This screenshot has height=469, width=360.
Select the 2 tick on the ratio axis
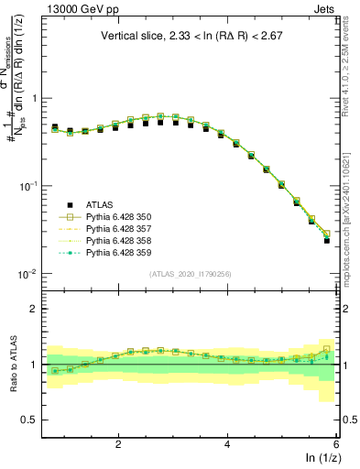[x=32, y=309]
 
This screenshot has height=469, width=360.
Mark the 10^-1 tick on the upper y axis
[x=25, y=186]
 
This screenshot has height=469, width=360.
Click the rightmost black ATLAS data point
[x=327, y=241]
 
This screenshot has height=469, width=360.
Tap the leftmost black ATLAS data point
[x=55, y=127]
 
